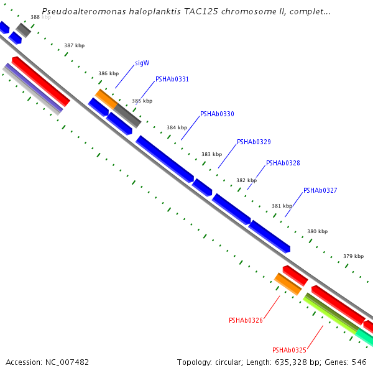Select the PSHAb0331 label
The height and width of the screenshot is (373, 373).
172,80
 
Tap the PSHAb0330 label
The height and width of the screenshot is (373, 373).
217,114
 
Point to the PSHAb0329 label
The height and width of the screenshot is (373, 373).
254,142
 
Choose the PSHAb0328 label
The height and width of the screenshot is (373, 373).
283,163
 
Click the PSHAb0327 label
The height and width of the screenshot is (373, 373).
320,191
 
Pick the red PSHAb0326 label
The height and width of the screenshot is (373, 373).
246,321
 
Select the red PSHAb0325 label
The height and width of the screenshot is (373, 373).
289,350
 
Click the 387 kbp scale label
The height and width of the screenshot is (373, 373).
75,46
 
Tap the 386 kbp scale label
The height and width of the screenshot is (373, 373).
108,73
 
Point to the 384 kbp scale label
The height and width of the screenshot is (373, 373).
177,127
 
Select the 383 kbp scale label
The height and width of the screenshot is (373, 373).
211,154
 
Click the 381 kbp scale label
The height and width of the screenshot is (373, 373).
282,206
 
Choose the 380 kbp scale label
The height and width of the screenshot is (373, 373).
317,231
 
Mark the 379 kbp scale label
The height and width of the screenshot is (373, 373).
353,256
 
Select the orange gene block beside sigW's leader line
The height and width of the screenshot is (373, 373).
106,98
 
